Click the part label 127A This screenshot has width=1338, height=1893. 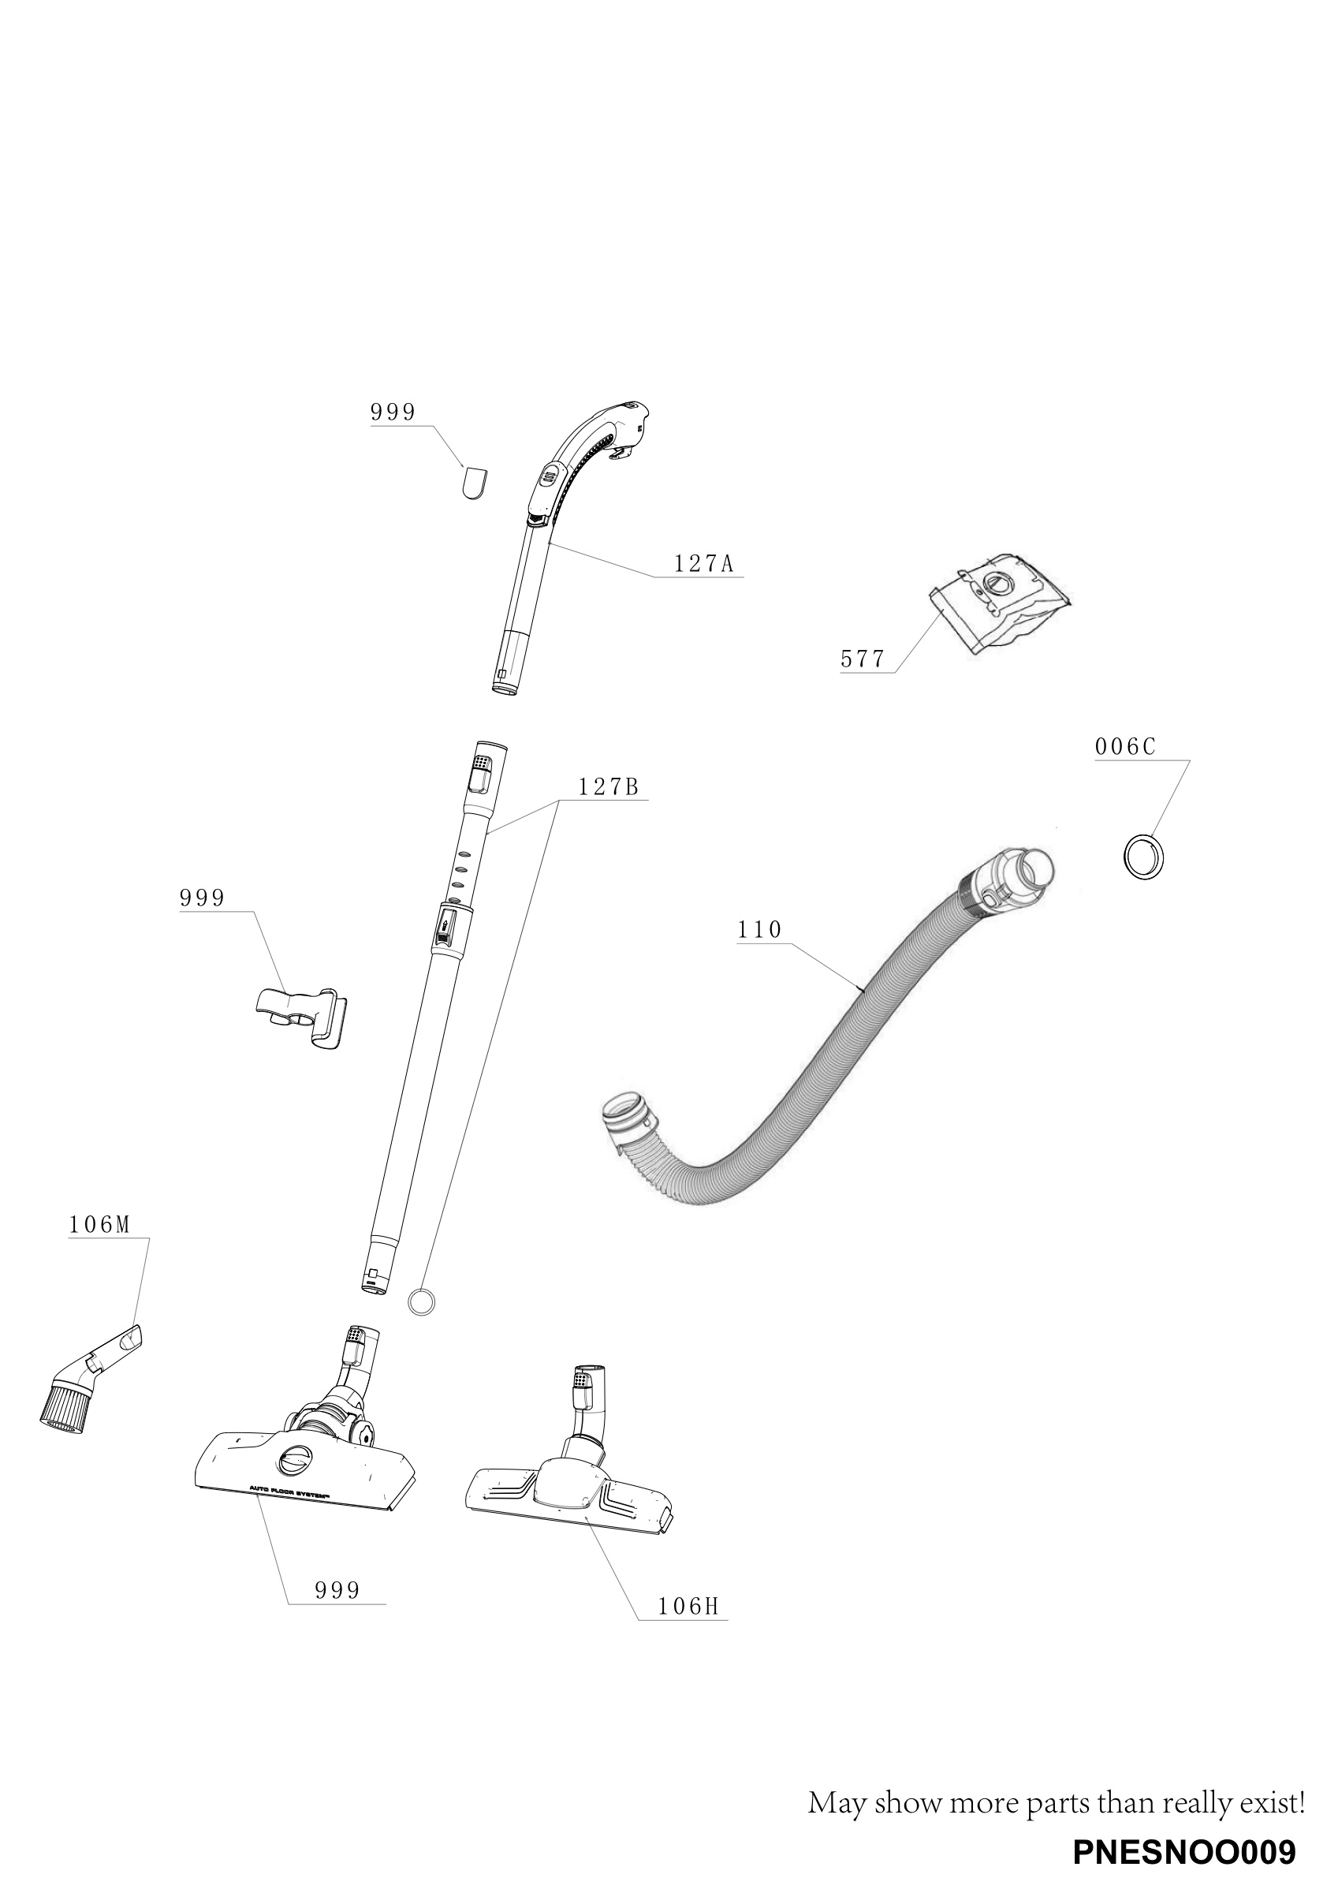point(703,564)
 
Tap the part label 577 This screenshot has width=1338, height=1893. point(863,659)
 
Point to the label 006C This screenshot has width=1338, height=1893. point(1125,746)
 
